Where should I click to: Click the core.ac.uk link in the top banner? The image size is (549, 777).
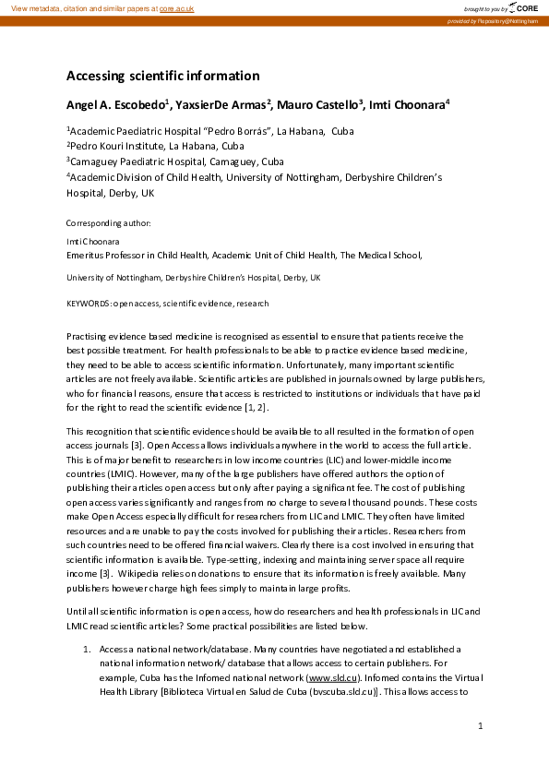pos(177,7)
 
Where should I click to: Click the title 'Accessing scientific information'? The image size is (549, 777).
pos(162,76)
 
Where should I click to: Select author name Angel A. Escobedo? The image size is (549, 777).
pos(115,104)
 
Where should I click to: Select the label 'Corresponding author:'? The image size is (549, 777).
pos(109,223)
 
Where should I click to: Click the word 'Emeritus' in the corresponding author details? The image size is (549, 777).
pos(89,255)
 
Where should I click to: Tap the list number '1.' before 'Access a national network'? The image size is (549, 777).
pos(87,650)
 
